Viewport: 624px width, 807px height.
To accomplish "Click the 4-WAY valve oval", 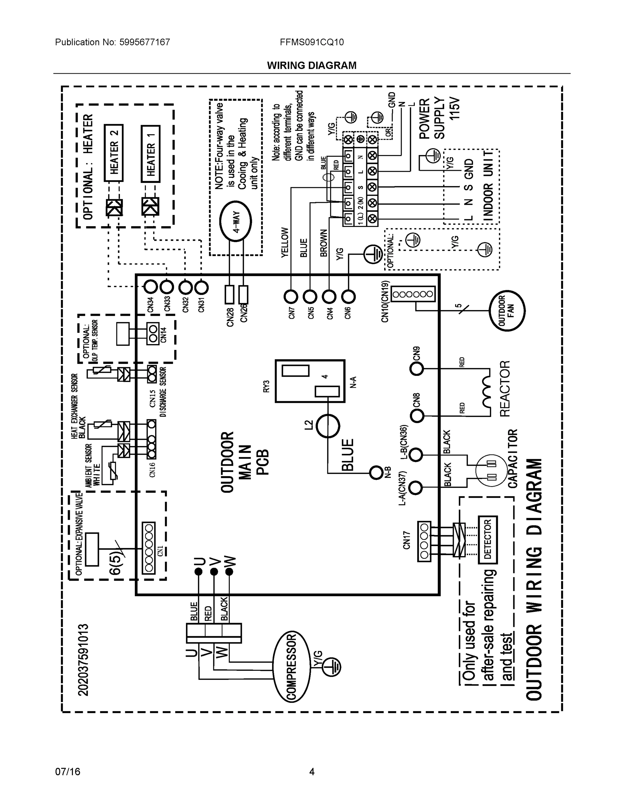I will click(235, 222).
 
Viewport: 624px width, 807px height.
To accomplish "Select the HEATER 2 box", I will click(113, 153).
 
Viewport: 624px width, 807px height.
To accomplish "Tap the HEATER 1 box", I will click(150, 154).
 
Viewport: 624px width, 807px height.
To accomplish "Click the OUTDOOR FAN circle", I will click(507, 310).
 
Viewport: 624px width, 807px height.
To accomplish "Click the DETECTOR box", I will click(487, 540).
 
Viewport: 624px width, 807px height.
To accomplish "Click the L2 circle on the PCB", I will click(328, 425).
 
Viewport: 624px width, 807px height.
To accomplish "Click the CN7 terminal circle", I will click(291, 296).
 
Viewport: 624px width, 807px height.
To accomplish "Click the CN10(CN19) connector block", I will click(413, 294).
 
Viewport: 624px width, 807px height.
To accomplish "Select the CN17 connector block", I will click(424, 541).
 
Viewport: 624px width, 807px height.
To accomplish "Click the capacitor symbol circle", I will click(491, 470).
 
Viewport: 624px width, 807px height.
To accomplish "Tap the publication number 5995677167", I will click(145, 42).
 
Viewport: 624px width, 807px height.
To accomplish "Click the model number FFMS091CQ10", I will click(311, 42).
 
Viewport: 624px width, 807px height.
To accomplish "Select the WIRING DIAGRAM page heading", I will click(311, 66).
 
